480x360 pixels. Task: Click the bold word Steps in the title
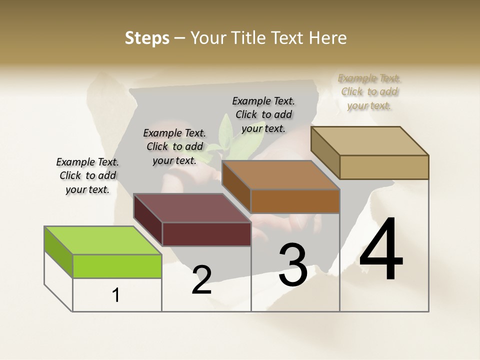[x=146, y=38]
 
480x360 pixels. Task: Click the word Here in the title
[x=328, y=38]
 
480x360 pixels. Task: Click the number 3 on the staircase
[x=292, y=264]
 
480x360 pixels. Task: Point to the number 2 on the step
[x=201, y=280]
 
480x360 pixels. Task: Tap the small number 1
[x=116, y=295]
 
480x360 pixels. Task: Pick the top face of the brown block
[x=281, y=175]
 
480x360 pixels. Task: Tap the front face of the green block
[x=117, y=266]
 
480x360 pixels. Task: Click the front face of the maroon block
[x=206, y=234]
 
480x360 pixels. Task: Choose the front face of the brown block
[x=295, y=201]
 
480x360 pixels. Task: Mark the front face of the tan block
[x=384, y=167]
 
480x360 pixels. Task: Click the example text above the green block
[x=87, y=175]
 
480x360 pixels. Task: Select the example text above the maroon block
[x=174, y=146]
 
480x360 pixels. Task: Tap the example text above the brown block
[x=263, y=114]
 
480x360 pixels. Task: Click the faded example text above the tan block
[x=369, y=91]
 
